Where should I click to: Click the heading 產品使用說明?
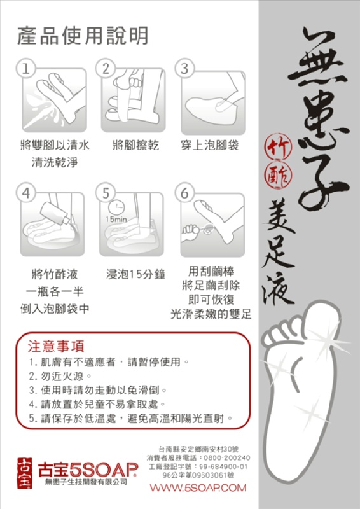coord(83,36)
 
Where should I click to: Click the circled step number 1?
coord(25,69)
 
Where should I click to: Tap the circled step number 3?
coord(184,69)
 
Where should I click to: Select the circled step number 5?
coord(106,193)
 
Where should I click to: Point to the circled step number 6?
coord(184,193)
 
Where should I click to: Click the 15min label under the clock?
coord(116,220)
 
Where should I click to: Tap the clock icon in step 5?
coord(116,207)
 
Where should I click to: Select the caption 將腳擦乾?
coord(135,145)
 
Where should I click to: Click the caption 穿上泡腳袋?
coord(210,145)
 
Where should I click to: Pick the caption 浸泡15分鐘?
coord(135,274)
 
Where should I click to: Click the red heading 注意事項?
coord(56,346)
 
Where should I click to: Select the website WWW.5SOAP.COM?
coord(198,487)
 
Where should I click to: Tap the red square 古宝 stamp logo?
coord(25,473)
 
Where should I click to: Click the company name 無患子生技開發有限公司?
coord(86,482)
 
